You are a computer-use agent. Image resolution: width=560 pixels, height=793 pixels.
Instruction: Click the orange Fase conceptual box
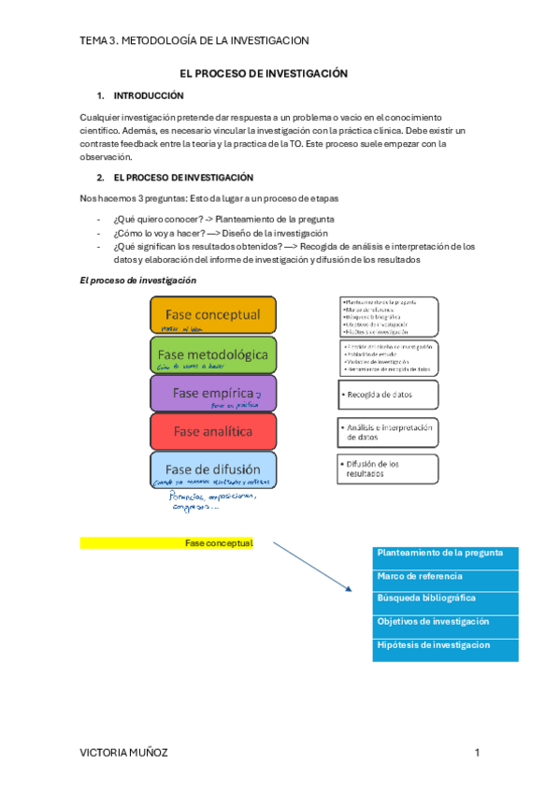pyautogui.click(x=212, y=315)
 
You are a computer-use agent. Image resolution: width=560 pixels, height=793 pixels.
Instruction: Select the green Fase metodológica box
pyautogui.click(x=212, y=354)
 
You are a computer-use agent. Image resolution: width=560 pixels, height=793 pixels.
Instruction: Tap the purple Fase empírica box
pyautogui.click(x=212, y=393)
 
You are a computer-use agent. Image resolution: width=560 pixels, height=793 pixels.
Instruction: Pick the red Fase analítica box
pyautogui.click(x=212, y=431)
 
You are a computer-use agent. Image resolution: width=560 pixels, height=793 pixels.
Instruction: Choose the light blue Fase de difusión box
pyautogui.click(x=212, y=469)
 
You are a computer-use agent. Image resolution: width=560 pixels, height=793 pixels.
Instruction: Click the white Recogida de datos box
pyautogui.click(x=387, y=395)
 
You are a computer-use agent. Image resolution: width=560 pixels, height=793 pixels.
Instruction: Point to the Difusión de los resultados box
pyautogui.click(x=387, y=468)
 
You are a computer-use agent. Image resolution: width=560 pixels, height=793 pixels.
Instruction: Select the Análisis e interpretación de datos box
pyautogui.click(x=387, y=431)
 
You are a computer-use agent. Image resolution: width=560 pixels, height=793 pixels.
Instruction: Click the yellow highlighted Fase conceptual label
pyautogui.click(x=166, y=543)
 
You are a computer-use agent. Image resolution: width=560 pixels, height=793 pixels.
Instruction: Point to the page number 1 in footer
pyautogui.click(x=476, y=753)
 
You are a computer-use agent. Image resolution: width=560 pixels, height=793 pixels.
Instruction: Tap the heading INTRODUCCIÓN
pyautogui.click(x=149, y=95)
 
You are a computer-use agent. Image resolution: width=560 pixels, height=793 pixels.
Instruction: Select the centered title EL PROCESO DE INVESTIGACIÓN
pyautogui.click(x=264, y=73)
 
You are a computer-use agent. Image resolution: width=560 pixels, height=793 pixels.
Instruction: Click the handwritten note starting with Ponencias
pyautogui.click(x=213, y=503)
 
